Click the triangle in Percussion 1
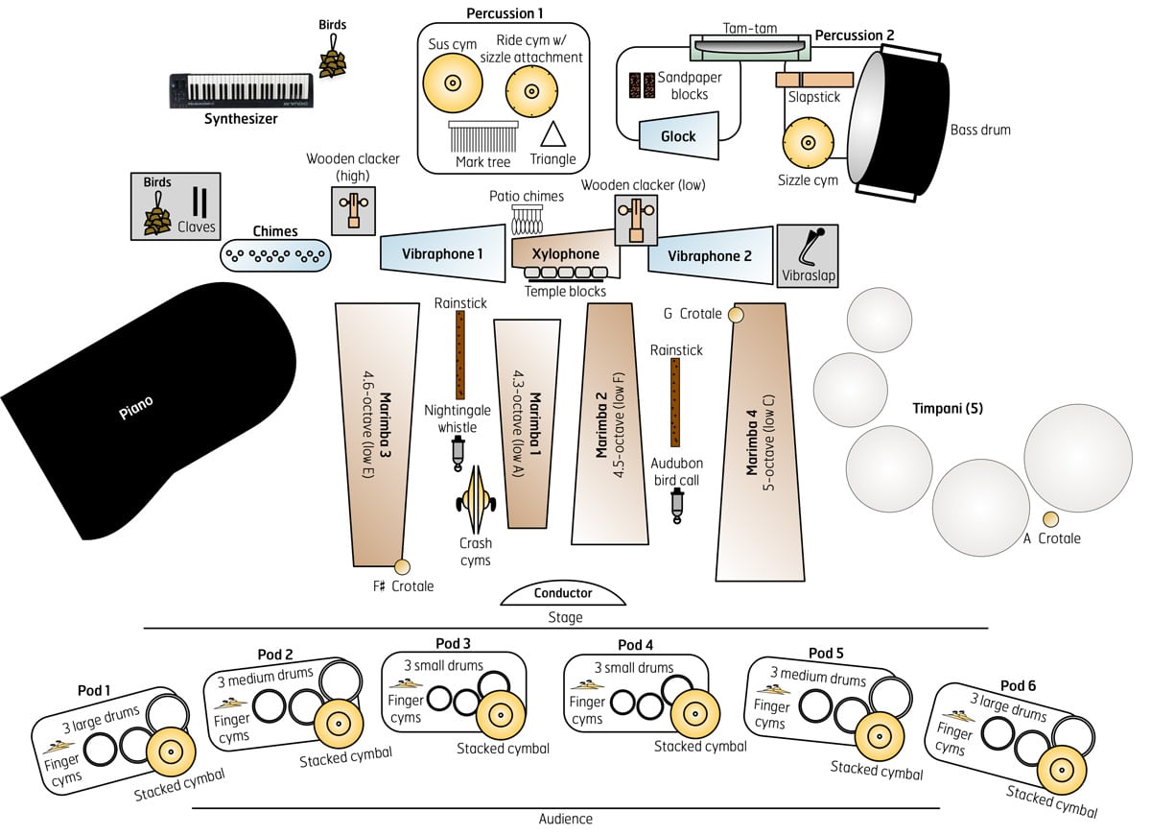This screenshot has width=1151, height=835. (x=552, y=134)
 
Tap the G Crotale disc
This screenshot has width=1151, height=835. (x=736, y=314)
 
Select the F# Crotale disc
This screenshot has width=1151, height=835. (x=401, y=566)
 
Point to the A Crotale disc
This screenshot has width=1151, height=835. (x=1050, y=519)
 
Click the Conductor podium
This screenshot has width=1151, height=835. (x=562, y=593)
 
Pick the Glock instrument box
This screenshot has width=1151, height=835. (x=678, y=135)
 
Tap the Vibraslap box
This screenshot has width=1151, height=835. (x=807, y=254)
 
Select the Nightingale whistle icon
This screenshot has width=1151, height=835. (x=458, y=450)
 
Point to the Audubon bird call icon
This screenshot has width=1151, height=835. (x=677, y=503)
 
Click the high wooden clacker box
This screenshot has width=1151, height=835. (x=353, y=210)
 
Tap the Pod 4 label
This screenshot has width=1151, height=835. (x=635, y=645)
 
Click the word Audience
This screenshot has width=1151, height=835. (x=565, y=819)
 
